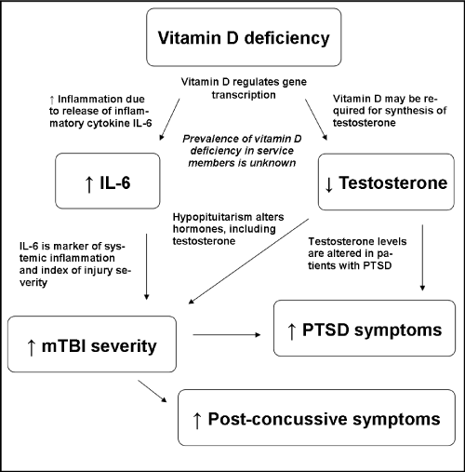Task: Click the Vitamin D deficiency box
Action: [244, 37]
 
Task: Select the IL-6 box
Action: [108, 181]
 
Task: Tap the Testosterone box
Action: [386, 182]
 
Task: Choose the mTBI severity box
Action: [92, 344]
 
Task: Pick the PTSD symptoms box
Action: [365, 328]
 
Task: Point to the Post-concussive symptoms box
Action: [316, 418]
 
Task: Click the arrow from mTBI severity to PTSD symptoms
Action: [227, 334]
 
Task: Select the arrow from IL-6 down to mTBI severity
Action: [147, 266]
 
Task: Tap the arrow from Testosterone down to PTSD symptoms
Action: [422, 258]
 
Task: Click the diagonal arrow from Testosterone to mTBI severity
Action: [248, 261]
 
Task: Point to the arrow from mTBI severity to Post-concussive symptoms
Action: [153, 391]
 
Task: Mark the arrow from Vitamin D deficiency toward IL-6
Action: [169, 119]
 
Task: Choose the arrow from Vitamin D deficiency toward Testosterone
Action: [316, 119]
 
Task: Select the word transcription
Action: [244, 95]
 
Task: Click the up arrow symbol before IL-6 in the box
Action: [89, 184]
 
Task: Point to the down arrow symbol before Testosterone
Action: [329, 184]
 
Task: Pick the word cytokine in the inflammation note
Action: [105, 123]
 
